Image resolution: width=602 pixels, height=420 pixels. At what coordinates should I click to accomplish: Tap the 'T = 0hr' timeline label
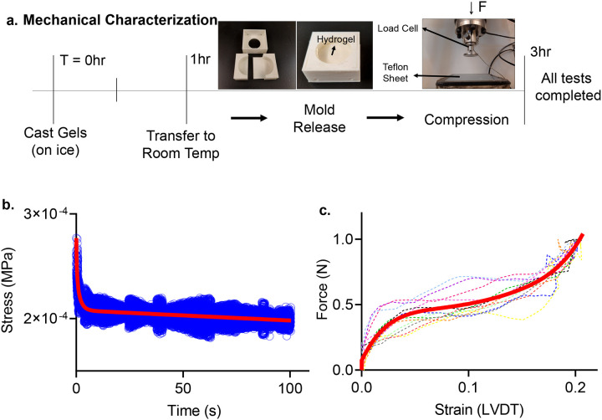tap(77, 59)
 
